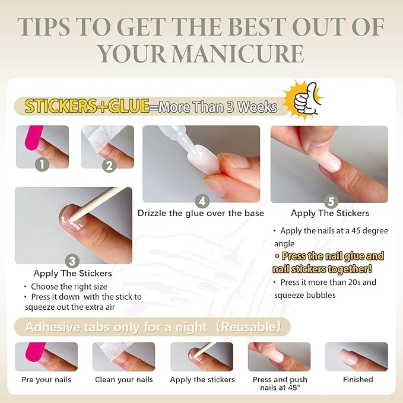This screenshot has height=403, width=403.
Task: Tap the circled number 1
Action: click(x=42, y=164)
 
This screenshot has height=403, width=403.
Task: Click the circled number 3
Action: click(x=72, y=261)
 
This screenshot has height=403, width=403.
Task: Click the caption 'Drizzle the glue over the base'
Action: click(x=201, y=213)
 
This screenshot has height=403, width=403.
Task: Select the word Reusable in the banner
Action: click(x=250, y=326)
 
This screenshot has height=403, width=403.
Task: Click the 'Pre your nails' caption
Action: click(x=46, y=380)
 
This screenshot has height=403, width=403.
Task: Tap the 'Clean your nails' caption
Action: click(x=123, y=380)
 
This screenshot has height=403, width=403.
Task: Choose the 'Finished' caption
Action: click(x=358, y=380)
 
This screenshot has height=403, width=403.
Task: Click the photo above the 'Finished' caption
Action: click(x=356, y=357)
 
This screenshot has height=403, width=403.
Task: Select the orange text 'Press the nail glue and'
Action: click(x=332, y=256)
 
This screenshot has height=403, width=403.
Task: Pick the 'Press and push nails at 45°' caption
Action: click(x=279, y=383)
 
